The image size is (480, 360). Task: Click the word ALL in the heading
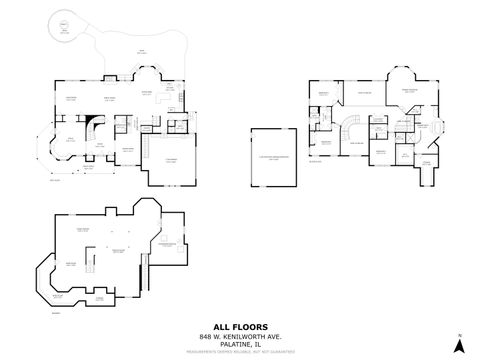(x=222, y=325)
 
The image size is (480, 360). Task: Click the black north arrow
(x=458, y=346)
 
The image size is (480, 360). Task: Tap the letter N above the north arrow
(x=458, y=334)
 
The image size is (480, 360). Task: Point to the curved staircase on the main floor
(x=92, y=130)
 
